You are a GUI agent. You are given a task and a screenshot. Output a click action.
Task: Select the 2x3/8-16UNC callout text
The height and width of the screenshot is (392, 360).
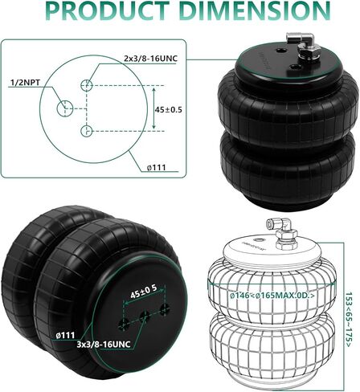tap(154, 59)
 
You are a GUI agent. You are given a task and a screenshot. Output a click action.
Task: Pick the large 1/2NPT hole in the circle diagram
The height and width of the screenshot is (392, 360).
tap(63, 108)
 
